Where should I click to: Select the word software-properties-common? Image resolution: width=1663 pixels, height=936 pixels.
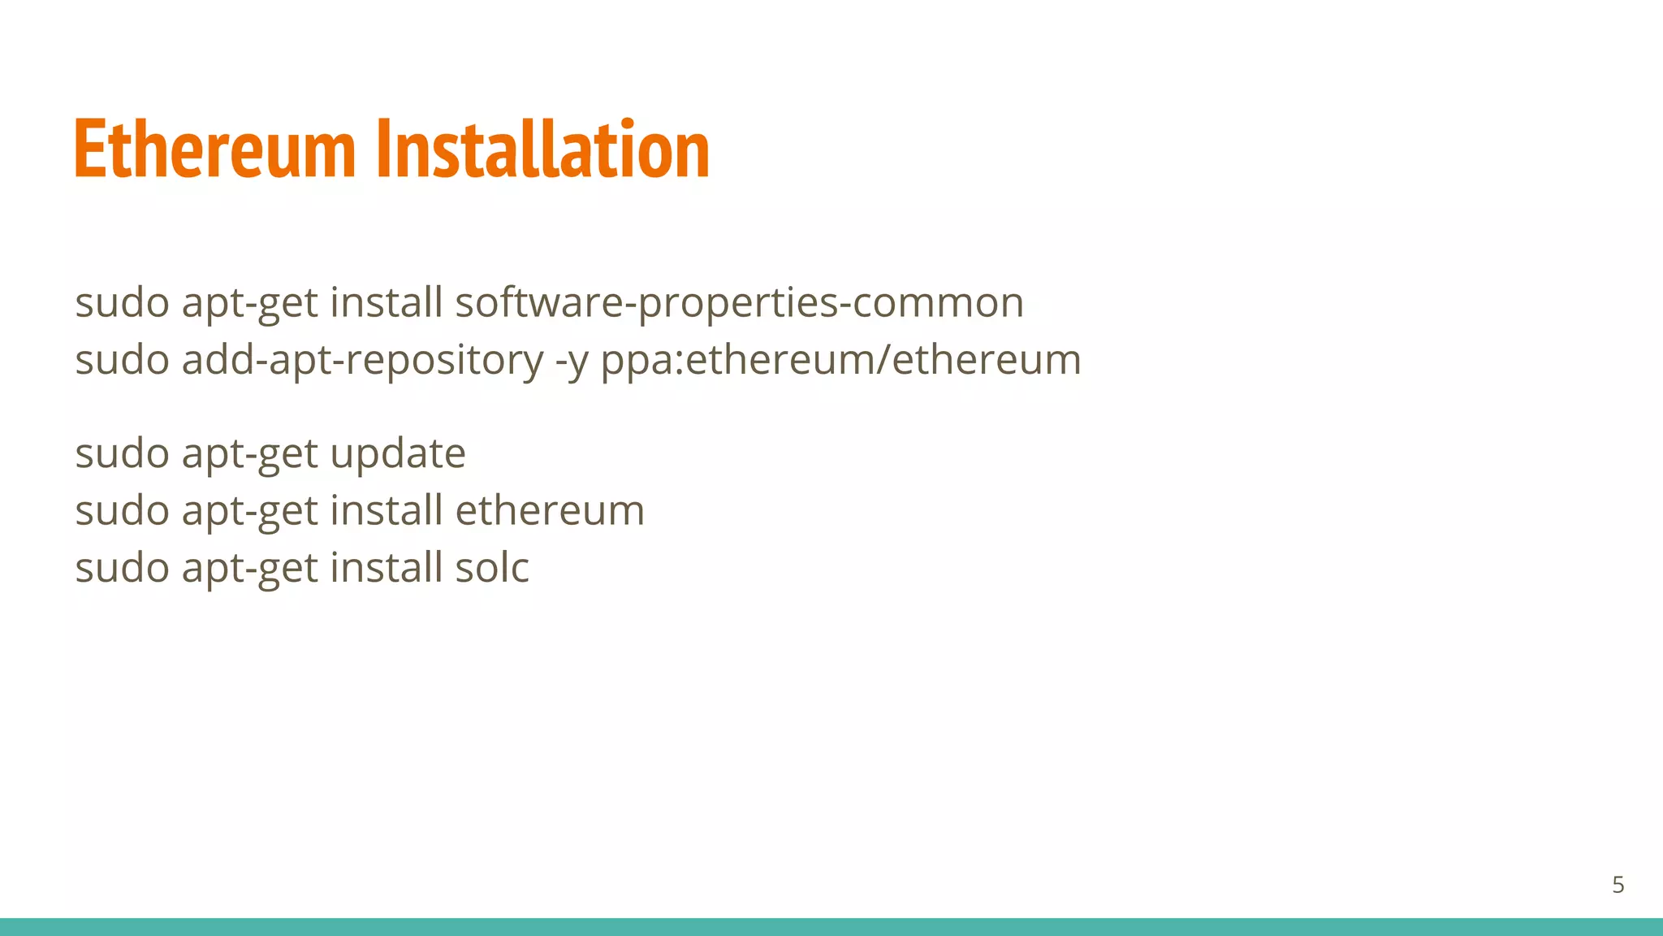(x=739, y=303)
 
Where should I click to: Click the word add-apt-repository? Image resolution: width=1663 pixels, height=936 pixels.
(x=363, y=360)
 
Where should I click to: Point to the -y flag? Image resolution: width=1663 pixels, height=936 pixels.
(x=572, y=360)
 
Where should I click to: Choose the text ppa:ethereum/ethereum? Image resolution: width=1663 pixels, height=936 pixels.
(x=840, y=360)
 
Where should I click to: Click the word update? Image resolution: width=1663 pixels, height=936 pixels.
(x=398, y=453)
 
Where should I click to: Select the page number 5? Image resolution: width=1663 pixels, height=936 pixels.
(x=1618, y=885)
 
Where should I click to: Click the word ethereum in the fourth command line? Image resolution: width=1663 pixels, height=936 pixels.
(x=550, y=510)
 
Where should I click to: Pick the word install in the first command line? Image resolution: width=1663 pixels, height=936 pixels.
(x=386, y=303)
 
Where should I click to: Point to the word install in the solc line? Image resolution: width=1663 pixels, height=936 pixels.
(x=386, y=567)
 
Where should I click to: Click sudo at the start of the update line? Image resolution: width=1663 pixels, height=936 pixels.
(x=122, y=453)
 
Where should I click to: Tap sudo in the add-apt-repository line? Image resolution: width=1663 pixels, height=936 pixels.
(x=122, y=360)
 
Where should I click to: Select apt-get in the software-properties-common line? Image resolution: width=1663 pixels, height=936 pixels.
(x=249, y=303)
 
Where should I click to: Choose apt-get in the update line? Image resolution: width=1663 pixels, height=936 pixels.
(x=249, y=453)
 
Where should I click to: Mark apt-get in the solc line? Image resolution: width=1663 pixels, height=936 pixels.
(x=249, y=567)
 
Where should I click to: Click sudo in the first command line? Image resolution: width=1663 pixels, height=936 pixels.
(x=122, y=303)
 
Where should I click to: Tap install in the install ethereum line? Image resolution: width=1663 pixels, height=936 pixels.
(x=386, y=510)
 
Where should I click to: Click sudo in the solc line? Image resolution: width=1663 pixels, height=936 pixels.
(x=122, y=567)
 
